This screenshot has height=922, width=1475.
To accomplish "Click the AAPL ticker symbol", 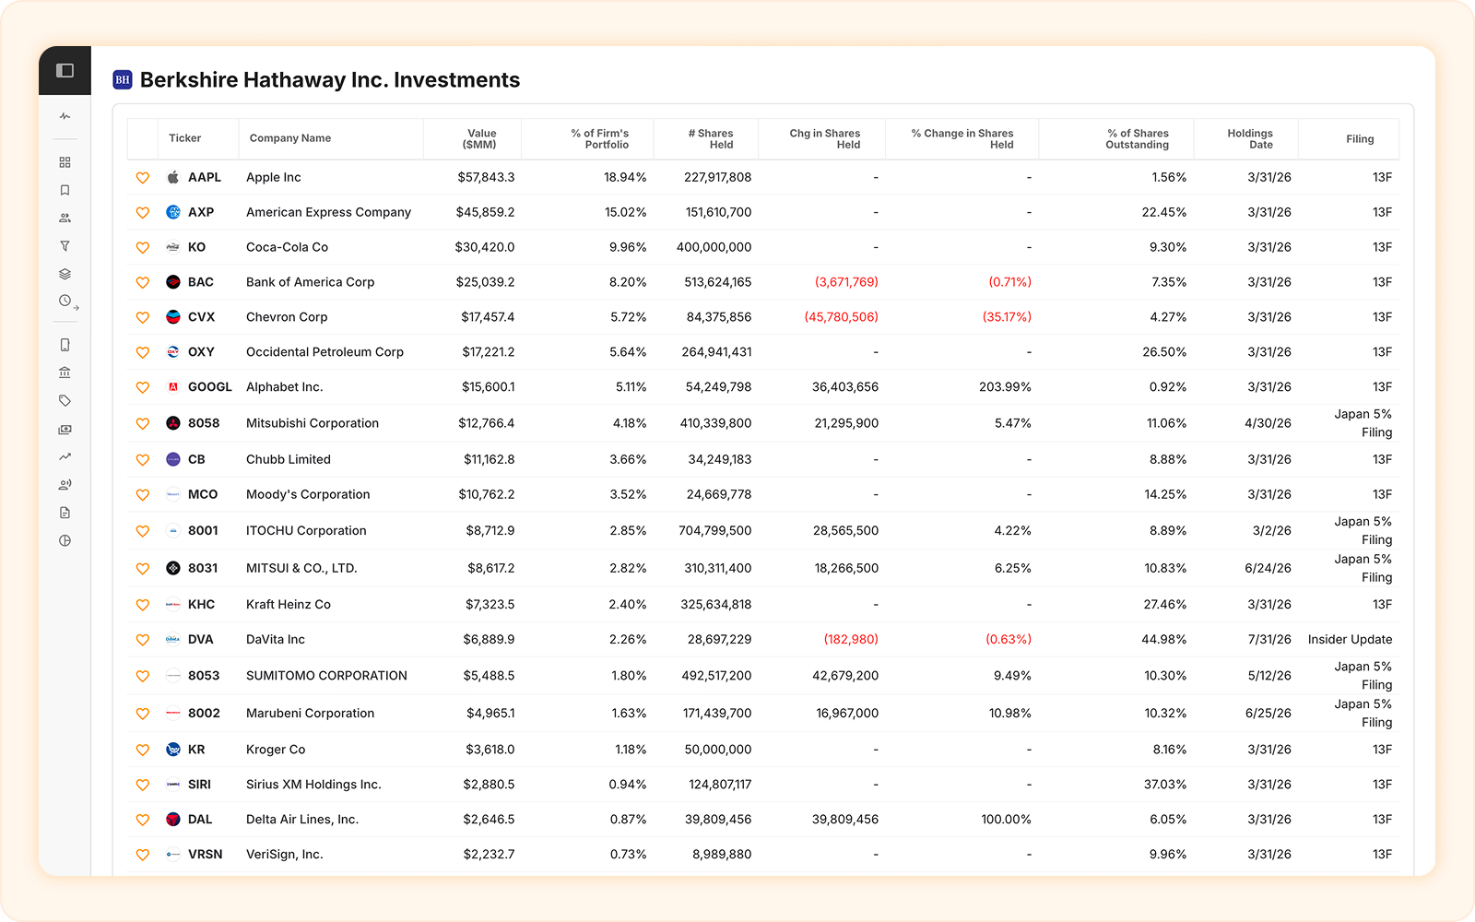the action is [204, 177].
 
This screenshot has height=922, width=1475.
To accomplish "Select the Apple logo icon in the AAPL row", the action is [172, 177].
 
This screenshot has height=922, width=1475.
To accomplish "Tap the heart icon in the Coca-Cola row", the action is [142, 248].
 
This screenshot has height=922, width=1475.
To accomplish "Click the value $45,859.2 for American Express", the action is [485, 212].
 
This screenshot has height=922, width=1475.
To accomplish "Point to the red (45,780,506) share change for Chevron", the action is [841, 317].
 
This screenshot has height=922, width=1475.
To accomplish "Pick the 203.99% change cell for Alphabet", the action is [1005, 386].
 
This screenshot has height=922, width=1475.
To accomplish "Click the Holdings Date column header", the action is [1250, 139].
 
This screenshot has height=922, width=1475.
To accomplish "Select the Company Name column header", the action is [289, 138].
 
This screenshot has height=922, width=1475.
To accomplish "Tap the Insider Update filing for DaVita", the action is [1350, 640].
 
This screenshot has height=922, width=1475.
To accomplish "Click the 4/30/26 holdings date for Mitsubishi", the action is [1268, 423].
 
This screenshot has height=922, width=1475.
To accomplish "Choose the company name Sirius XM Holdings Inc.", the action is [313, 785].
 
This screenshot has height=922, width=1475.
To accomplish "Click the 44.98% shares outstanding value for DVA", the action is [1163, 640].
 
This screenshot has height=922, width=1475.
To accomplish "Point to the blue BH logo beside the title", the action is [123, 79].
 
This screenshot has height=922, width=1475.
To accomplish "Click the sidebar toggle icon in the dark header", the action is [65, 70].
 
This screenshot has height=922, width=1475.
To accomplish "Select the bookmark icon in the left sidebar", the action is [65, 190].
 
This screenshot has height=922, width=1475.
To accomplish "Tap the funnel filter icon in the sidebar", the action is [65, 246].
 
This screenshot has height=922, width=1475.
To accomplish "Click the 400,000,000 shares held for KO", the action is [714, 247].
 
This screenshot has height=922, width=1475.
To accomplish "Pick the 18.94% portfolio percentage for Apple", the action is [625, 177].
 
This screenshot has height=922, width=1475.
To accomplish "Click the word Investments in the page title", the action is [457, 79].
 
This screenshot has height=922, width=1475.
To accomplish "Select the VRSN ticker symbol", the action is [205, 854].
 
